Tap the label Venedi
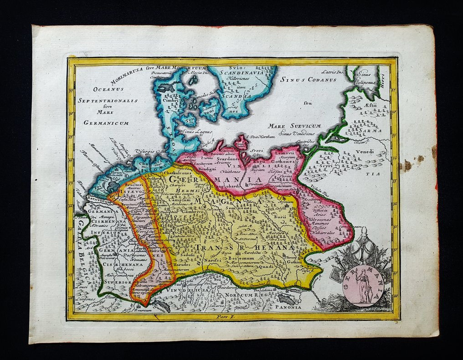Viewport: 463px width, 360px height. point(365,151)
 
